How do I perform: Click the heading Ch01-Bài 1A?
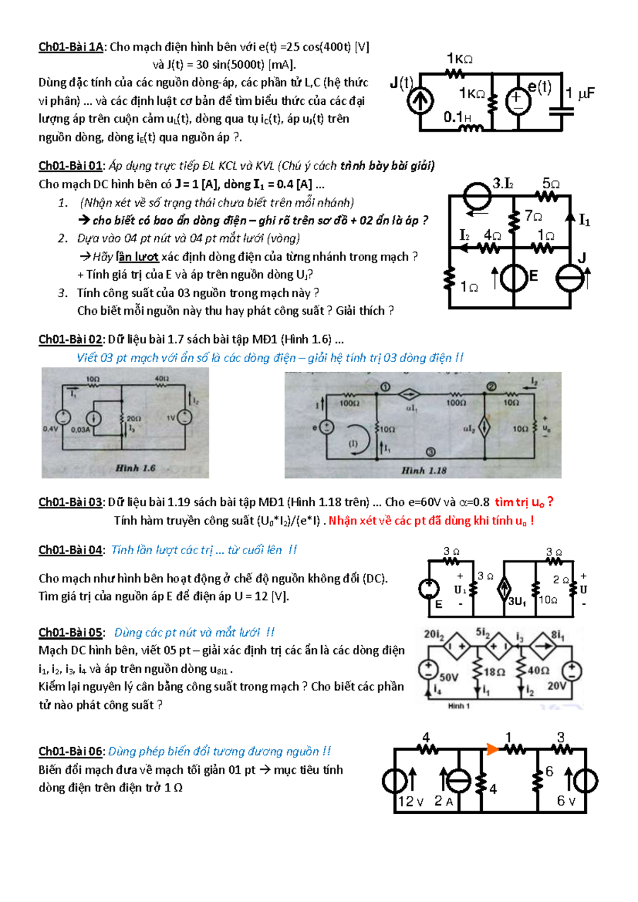[x=71, y=47]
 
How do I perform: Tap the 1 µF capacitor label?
[x=580, y=94]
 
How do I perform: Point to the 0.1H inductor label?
[x=457, y=116]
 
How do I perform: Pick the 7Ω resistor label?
[x=533, y=215]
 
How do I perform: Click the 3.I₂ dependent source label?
[x=502, y=183]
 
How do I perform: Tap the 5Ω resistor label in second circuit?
[x=551, y=183]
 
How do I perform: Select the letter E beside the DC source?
[x=533, y=276]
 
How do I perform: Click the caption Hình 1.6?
[x=136, y=468]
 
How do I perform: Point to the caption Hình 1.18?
[x=424, y=471]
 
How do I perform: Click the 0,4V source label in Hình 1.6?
[x=51, y=429]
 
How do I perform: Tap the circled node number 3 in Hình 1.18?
[x=431, y=452]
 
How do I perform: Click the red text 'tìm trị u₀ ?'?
[x=524, y=502]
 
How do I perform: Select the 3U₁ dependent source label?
[x=517, y=602]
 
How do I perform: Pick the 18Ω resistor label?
[x=494, y=672]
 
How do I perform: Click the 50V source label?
[x=449, y=677]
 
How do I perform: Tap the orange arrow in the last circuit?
[x=492, y=749]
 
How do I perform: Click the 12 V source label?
[x=410, y=801]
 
